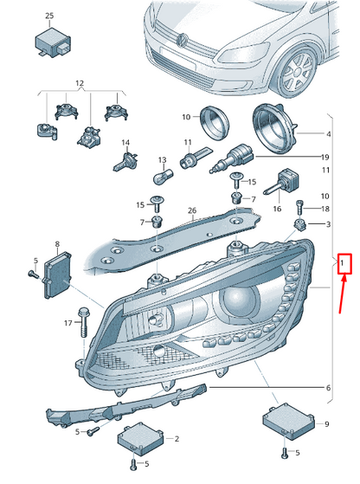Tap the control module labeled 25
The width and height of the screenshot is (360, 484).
click(54, 42)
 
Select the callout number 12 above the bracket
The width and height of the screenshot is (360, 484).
click(80, 83)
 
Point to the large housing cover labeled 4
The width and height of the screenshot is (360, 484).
click(274, 129)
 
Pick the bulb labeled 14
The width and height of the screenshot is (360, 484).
click(125, 161)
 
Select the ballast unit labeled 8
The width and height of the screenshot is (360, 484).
click(58, 274)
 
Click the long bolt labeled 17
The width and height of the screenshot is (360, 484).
click(83, 323)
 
